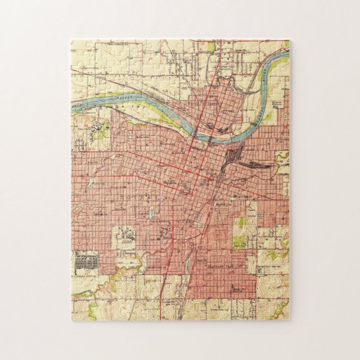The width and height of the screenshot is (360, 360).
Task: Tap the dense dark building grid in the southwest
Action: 86,259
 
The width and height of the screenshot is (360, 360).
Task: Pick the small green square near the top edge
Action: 211,46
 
